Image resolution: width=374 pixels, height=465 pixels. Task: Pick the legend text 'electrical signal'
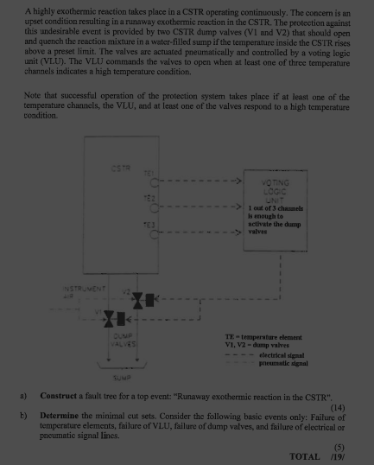click(x=286, y=354)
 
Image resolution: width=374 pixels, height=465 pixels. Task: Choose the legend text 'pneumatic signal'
click(x=286, y=364)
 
